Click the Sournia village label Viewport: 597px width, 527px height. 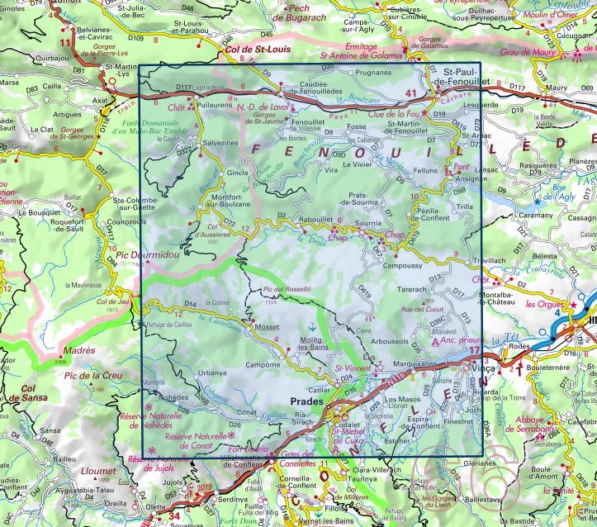pos(367,224)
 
